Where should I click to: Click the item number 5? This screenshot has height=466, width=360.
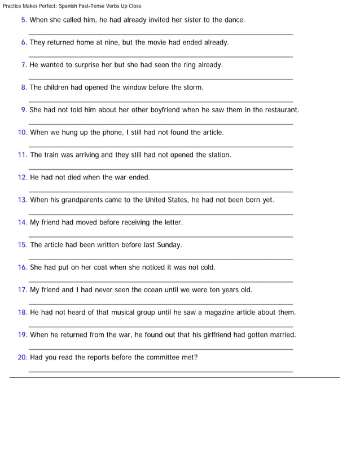pos(24,20)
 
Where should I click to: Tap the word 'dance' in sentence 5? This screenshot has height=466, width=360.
pos(233,20)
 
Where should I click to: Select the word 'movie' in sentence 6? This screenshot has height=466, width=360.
pos(145,42)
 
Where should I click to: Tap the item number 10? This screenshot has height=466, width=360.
pos(23,133)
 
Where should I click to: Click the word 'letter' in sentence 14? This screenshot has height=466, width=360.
pos(172,222)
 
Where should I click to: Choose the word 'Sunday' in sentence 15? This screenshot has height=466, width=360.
pos(168,245)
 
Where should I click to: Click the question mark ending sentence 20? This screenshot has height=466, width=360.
pos(196,357)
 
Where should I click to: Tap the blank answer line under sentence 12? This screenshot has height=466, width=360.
pos(161,191)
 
